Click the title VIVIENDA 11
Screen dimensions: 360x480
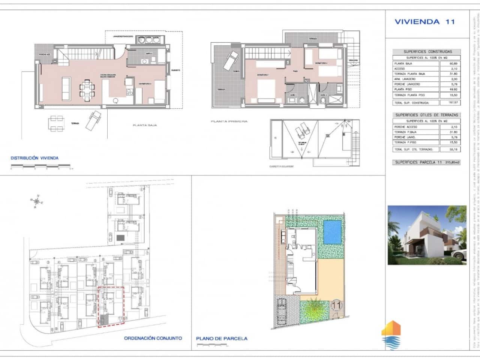tap(424, 22)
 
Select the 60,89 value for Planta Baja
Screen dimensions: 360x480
tap(453, 64)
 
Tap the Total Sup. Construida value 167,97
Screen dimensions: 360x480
tap(453, 102)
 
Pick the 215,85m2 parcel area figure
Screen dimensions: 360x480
tap(452, 162)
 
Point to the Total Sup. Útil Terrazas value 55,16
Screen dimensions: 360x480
tap(453, 149)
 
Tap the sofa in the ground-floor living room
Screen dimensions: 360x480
tap(66, 88)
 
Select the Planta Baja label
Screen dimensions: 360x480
tap(145, 125)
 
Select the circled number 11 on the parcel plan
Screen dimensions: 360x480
tap(336, 305)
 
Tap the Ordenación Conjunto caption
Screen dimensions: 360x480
tap(153, 327)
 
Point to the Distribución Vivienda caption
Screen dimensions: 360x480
tap(34, 158)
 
